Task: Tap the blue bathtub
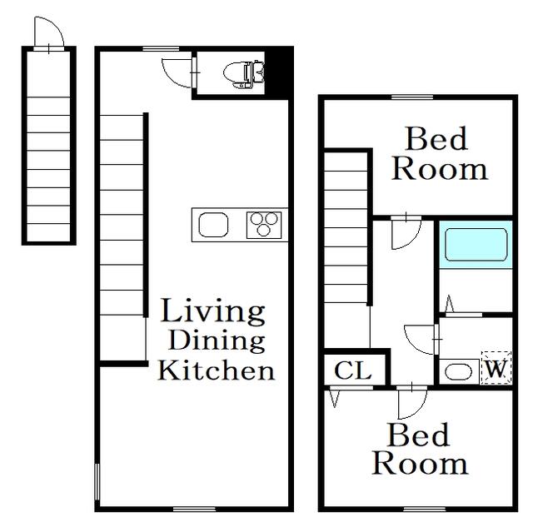tap(476, 245)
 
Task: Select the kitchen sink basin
tap(213, 225)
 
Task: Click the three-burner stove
tap(264, 225)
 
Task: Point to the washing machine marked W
tap(496, 368)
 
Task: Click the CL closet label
tap(352, 370)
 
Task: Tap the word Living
tap(213, 312)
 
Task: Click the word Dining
tap(217, 341)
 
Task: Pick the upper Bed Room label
tap(440, 154)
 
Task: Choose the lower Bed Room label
tap(420, 450)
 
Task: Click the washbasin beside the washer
tap(458, 371)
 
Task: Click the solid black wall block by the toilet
tap(279, 72)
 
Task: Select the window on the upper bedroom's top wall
tap(412, 97)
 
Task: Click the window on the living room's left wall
tap(97, 482)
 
